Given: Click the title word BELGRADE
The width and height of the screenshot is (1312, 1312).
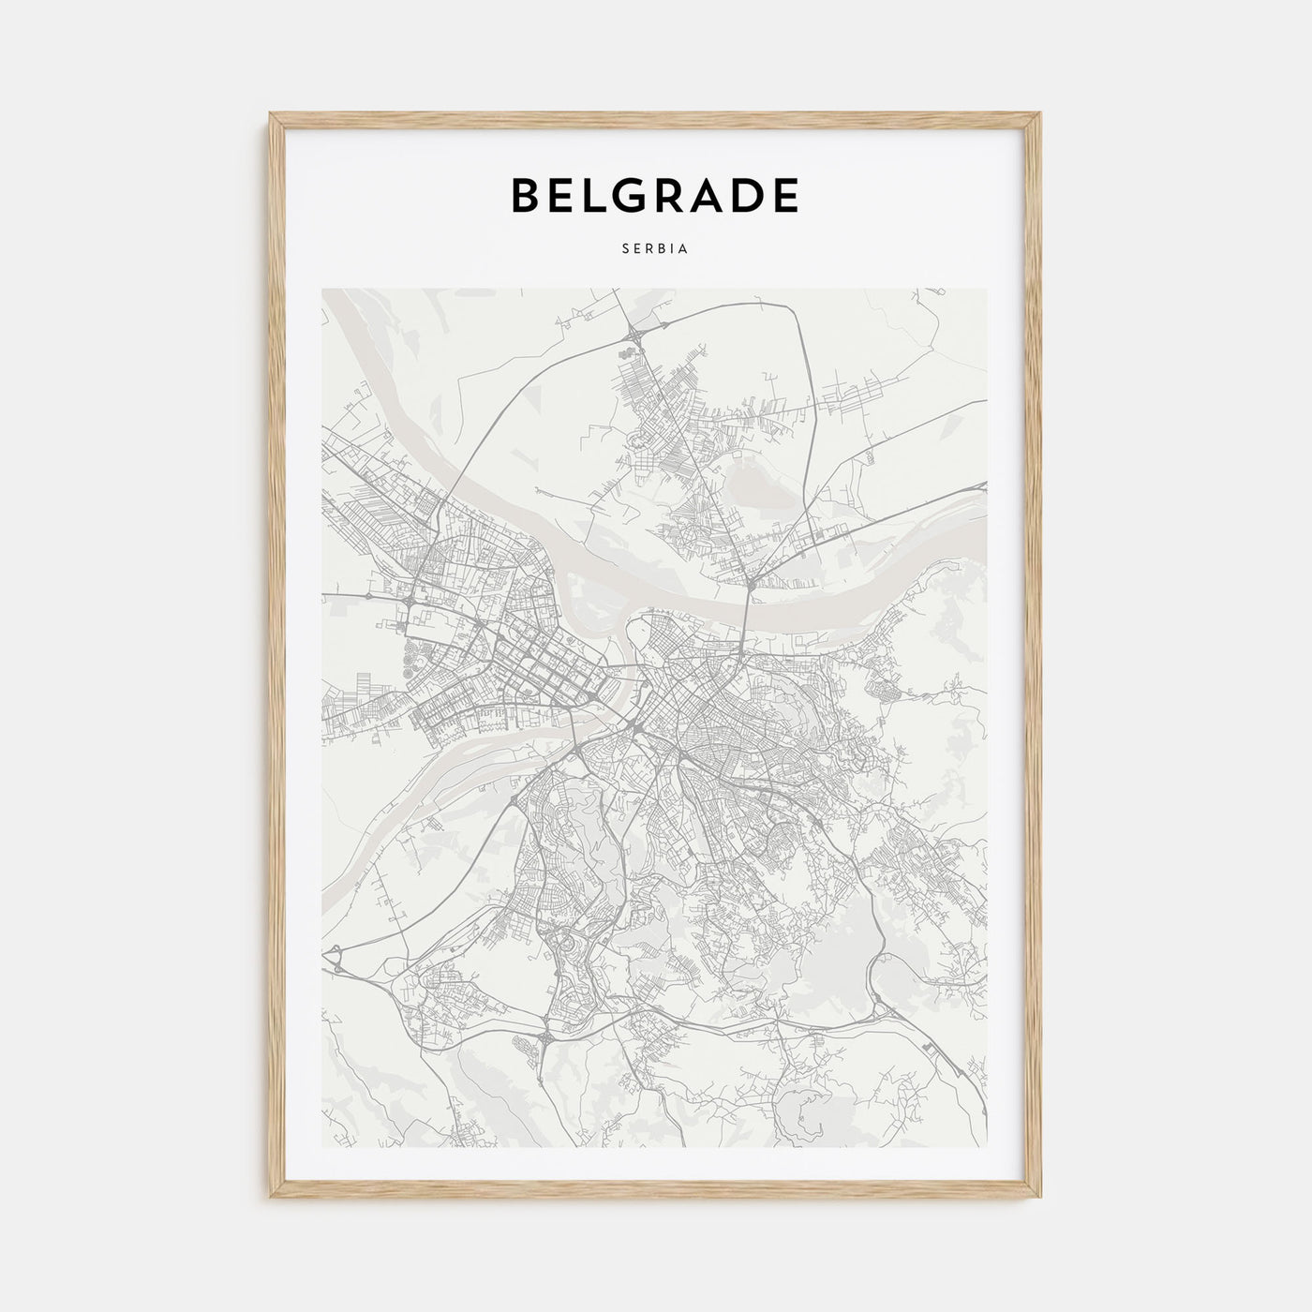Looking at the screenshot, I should [654, 195].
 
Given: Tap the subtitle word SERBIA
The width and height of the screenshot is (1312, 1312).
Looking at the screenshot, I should [655, 250].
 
